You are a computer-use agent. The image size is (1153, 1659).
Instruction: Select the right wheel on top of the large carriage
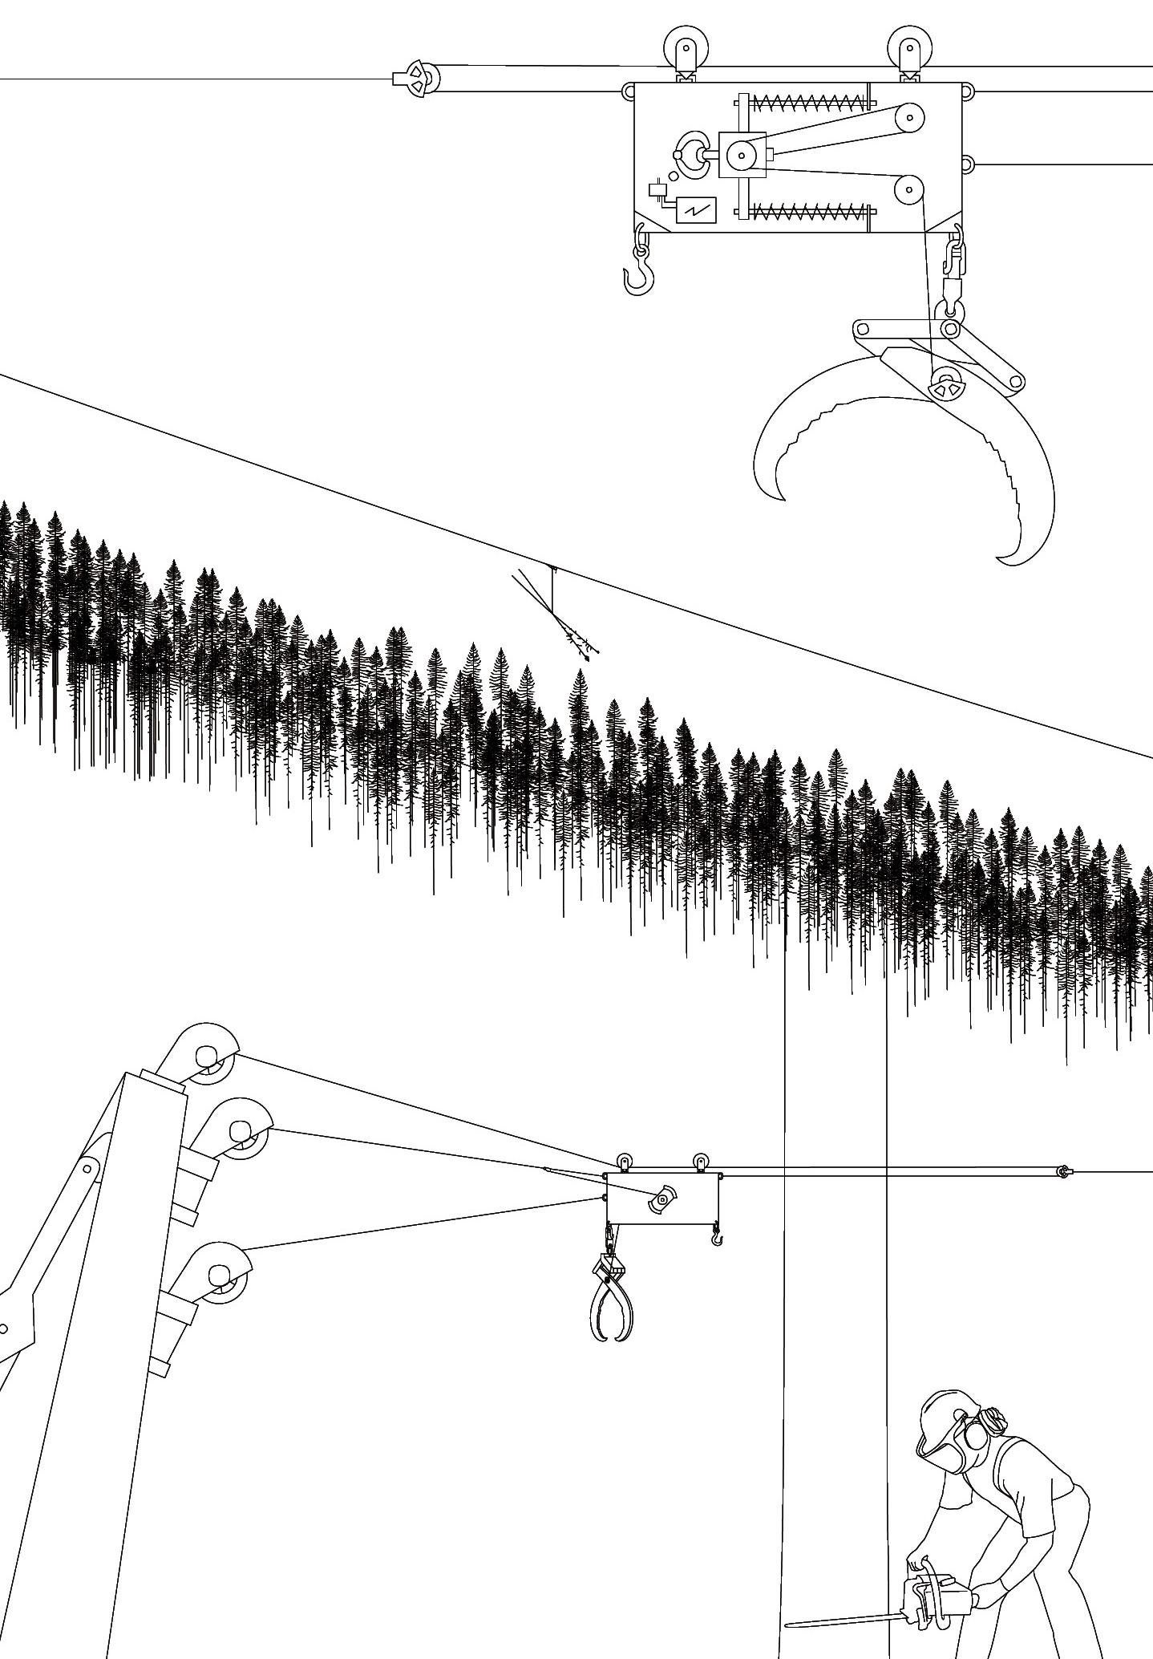(907, 46)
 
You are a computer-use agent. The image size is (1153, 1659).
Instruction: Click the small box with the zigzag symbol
(696, 209)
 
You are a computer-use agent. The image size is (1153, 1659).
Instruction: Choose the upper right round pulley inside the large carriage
(909, 118)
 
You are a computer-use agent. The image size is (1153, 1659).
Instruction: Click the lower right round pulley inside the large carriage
(909, 191)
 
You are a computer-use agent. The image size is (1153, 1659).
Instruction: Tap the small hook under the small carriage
(717, 1238)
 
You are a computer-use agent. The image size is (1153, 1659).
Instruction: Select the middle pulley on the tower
(241, 1130)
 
